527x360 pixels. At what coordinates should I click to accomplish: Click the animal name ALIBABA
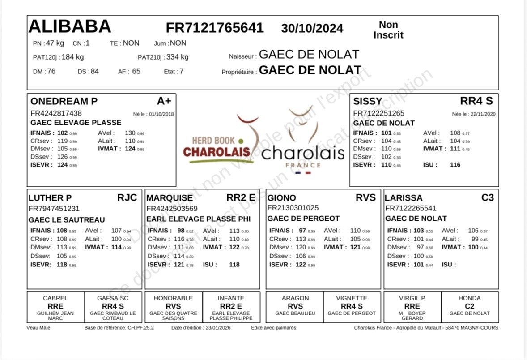[x=70, y=27]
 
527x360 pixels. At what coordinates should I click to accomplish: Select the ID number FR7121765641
[x=215, y=28]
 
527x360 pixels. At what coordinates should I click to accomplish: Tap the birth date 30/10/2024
[x=312, y=29]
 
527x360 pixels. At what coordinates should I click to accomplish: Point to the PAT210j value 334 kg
[x=178, y=57]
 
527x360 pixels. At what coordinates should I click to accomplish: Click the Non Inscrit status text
[x=388, y=30]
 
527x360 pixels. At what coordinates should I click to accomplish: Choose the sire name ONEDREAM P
[x=63, y=101]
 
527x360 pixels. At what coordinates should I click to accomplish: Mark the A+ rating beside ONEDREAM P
[x=167, y=100]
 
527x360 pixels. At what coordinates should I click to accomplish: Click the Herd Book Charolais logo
[x=217, y=147]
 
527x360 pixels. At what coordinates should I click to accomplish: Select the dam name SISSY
[x=368, y=101]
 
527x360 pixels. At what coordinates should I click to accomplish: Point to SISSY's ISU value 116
[x=455, y=165]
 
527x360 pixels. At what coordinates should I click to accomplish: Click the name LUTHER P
[x=50, y=198]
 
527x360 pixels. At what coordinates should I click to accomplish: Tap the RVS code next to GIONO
[x=365, y=197]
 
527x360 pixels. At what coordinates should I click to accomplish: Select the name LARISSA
[x=404, y=198]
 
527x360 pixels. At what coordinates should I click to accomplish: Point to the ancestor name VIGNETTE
[x=352, y=298]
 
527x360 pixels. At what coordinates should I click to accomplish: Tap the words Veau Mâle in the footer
[x=38, y=328]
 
